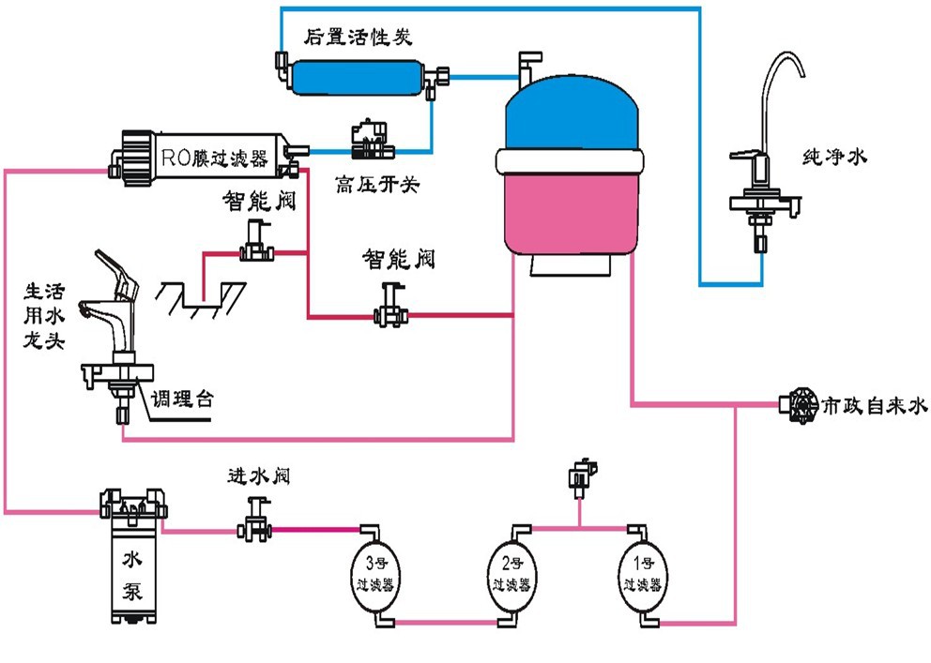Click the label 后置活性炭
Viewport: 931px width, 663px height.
pyautogui.click(x=358, y=38)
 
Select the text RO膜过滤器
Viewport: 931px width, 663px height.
pyautogui.click(x=214, y=156)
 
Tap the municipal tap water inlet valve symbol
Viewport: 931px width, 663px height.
pyautogui.click(x=799, y=406)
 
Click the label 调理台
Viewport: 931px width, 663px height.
pyautogui.click(x=183, y=399)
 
